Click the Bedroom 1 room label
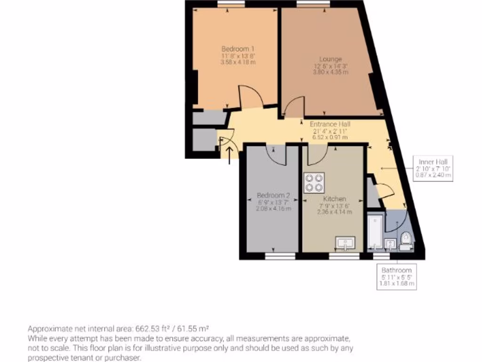pos(238,49)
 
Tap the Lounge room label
pos(330,59)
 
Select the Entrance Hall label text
pos(330,124)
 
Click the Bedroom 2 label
pos(273,196)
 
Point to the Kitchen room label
pos(335,199)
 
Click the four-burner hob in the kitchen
pos(314,183)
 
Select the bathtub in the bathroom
pos(375,231)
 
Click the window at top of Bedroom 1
pos(231,3)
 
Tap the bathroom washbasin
pos(390,244)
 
